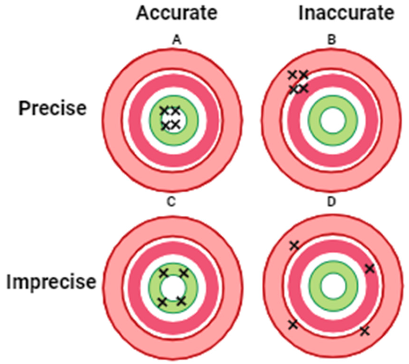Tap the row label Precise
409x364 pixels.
pyautogui.click(x=53, y=108)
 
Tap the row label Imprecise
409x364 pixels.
pyautogui.click(x=51, y=282)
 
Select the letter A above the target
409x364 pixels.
pyautogui.click(x=177, y=40)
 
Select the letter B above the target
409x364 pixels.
pyautogui.click(x=332, y=40)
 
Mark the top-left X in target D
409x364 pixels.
pyautogui.click(x=294, y=245)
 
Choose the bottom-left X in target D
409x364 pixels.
pyautogui.click(x=293, y=325)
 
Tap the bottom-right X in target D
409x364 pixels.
pyautogui.click(x=365, y=331)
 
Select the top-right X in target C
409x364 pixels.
pyautogui.click(x=184, y=273)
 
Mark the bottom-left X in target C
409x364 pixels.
pyautogui.click(x=163, y=302)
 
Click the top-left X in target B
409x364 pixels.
pyautogui.click(x=292, y=74)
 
